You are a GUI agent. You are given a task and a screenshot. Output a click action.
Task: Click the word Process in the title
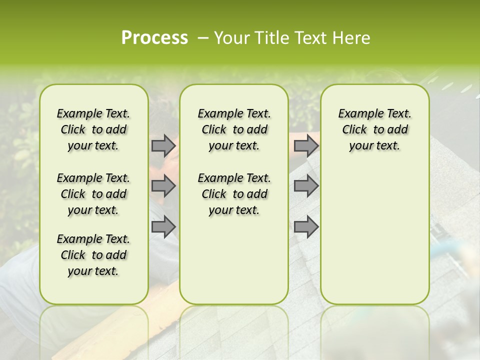tap(154, 38)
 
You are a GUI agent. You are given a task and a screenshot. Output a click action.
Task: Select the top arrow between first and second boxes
tap(163, 146)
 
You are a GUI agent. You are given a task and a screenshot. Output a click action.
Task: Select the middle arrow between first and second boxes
tap(163, 186)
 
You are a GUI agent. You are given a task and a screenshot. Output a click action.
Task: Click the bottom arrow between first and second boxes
tap(163, 227)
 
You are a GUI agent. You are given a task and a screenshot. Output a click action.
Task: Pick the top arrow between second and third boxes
tap(306, 146)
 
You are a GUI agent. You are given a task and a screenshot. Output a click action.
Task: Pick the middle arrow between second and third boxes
tap(306, 186)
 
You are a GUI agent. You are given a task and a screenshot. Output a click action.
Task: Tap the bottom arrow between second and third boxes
tap(306, 227)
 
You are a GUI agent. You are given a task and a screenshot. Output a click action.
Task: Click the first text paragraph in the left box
tap(93, 129)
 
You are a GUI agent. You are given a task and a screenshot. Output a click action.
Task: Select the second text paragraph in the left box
tap(93, 194)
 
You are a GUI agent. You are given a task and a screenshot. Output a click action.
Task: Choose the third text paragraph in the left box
tap(93, 255)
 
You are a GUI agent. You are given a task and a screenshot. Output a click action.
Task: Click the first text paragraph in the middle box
tap(234, 129)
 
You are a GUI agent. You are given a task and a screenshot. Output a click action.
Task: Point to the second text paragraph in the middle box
tap(234, 194)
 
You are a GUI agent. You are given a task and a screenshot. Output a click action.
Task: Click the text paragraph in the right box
tap(374, 129)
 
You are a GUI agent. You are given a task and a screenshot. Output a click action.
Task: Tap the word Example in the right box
tap(357, 114)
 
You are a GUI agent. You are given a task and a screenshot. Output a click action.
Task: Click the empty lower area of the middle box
tap(234, 260)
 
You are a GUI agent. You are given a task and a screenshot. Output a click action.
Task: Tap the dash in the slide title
tap(203, 38)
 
